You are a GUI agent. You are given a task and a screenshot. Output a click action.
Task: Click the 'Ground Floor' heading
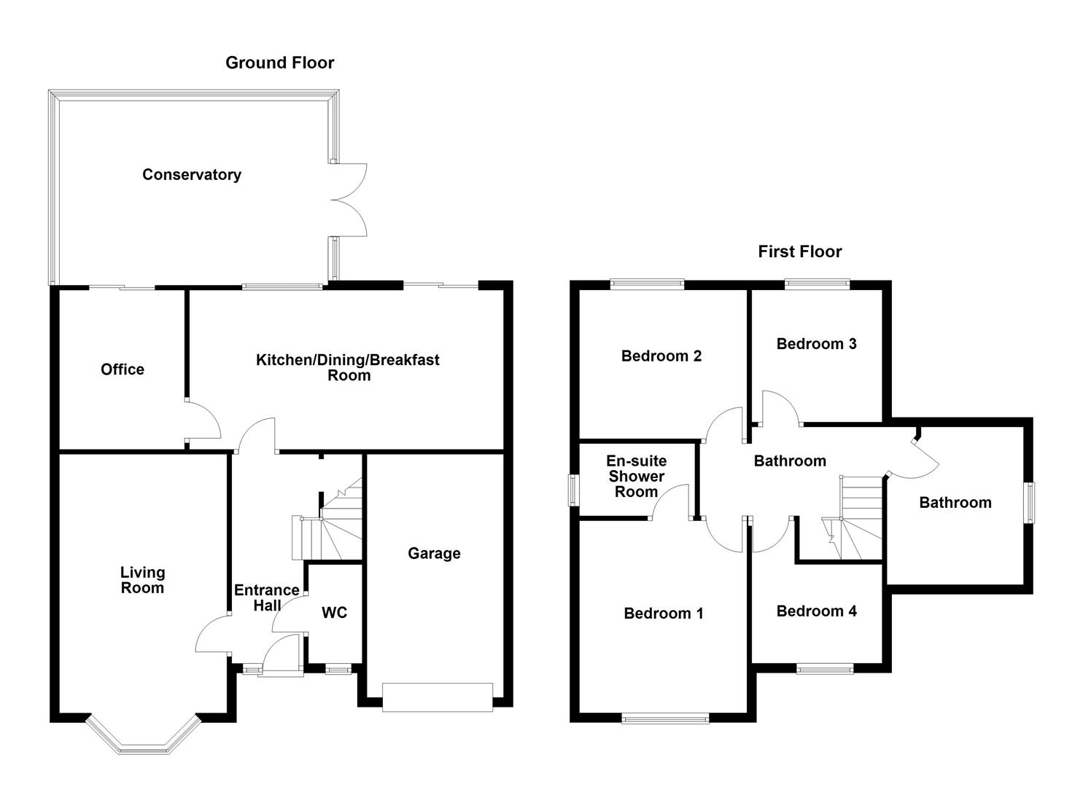(x=279, y=63)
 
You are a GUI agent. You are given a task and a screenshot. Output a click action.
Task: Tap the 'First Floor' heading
(x=799, y=251)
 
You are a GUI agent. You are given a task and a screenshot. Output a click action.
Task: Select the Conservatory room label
(x=191, y=175)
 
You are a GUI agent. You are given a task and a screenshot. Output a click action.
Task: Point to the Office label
(x=123, y=369)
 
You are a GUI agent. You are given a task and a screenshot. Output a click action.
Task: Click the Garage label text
(x=434, y=554)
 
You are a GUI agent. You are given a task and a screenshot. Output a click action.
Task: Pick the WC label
(x=335, y=613)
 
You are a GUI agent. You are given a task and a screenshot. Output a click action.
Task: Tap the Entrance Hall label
(x=266, y=598)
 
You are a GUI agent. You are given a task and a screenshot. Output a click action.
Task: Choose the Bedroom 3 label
(x=816, y=344)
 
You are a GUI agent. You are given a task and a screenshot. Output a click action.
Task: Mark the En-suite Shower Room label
(x=636, y=477)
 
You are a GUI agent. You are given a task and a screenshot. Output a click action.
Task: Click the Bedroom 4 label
(x=816, y=611)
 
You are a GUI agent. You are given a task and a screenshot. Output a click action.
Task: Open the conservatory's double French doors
(x=349, y=200)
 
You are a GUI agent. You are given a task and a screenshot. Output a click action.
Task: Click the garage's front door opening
(x=438, y=697)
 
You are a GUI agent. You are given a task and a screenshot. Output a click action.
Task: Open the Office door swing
(x=203, y=421)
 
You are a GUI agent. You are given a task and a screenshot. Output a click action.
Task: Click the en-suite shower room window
(x=574, y=489)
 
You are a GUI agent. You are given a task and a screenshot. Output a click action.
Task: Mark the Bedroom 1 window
(x=665, y=719)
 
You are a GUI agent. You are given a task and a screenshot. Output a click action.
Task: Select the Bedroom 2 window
(x=647, y=285)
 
